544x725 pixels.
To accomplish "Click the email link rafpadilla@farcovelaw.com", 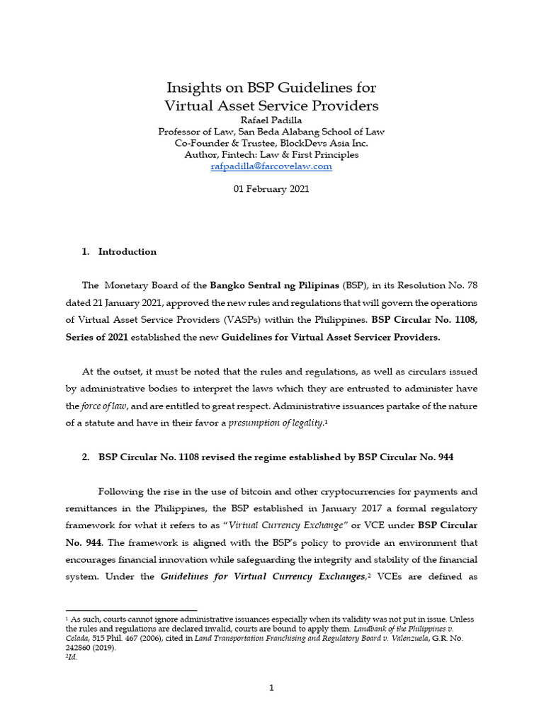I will pyautogui.click(x=271, y=166).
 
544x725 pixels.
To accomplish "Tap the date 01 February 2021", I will pyautogui.click(x=271, y=189).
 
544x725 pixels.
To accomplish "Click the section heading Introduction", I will pyautogui.click(x=127, y=251).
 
